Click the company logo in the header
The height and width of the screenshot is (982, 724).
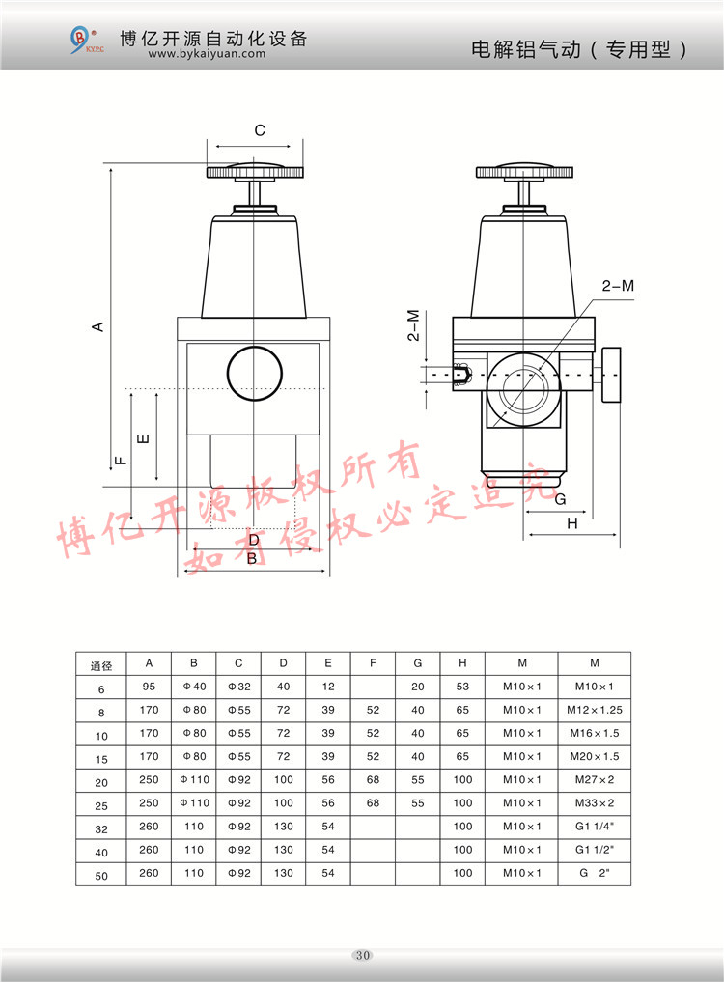tap(84, 41)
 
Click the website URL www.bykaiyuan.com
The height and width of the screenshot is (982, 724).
tap(207, 55)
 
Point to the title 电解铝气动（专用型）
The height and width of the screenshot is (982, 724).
tap(579, 49)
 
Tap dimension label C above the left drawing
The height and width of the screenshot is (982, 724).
tap(260, 130)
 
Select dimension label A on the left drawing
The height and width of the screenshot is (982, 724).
tap(97, 326)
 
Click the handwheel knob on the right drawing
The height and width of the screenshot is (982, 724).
tap(525, 173)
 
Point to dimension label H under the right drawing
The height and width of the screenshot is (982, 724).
tap(571, 523)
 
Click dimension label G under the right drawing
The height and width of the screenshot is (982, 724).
tap(560, 499)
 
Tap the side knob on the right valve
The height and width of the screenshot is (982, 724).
tap(610, 376)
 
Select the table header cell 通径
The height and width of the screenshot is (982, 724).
tap(101, 664)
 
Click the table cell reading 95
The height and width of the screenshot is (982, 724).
tap(149, 687)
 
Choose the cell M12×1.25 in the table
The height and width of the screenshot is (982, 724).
tap(595, 710)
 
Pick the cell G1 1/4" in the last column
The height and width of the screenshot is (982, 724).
tap(595, 827)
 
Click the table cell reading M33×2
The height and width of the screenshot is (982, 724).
tap(595, 803)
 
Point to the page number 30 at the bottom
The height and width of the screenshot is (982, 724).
tap(362, 956)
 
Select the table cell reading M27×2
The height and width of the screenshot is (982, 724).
tap(595, 780)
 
